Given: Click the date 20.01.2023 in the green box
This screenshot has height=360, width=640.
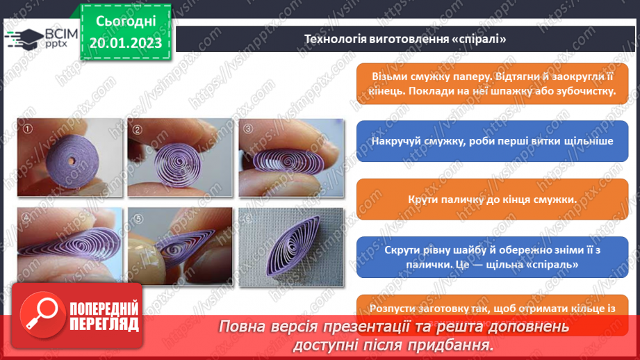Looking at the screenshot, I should coord(126,42).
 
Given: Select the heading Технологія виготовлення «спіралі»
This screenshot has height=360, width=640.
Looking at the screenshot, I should coord(405,39).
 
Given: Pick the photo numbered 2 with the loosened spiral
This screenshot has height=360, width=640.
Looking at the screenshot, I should coord(179,157).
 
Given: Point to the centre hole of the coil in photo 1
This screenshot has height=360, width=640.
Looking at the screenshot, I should coord(73,160).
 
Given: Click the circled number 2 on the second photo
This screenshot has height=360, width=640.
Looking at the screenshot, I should coord(138,129).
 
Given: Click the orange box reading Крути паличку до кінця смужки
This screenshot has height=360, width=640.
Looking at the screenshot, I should coord(491,200).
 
